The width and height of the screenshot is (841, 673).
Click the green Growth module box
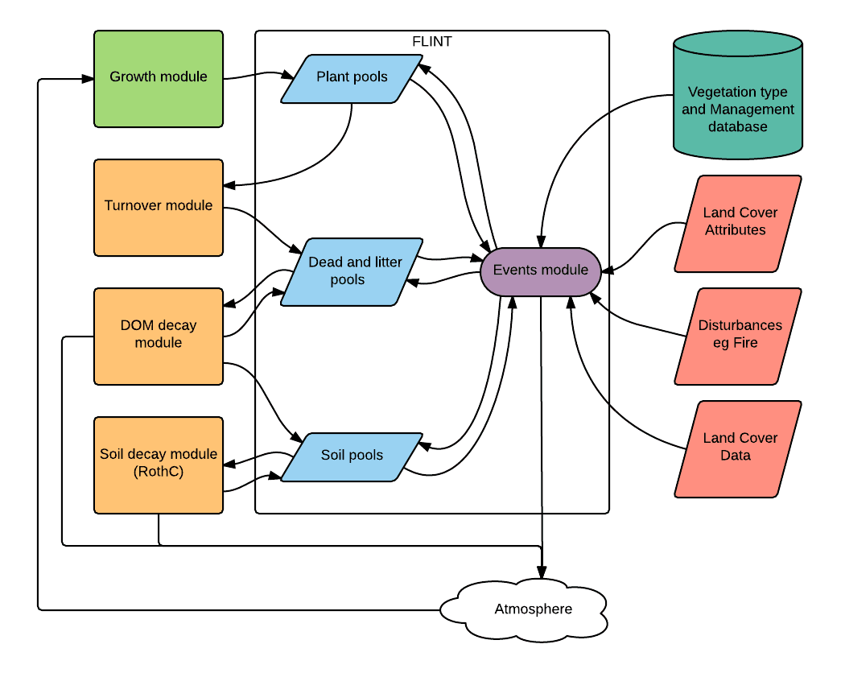click(159, 79)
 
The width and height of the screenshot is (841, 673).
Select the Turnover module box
click(159, 208)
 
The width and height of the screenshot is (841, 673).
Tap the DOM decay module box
click(159, 336)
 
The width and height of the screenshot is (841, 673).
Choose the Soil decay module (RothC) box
click(159, 465)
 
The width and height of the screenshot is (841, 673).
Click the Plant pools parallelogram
click(352, 79)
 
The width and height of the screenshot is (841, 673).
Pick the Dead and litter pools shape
click(352, 272)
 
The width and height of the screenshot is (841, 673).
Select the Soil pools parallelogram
click(352, 457)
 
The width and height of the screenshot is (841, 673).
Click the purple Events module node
click(541, 272)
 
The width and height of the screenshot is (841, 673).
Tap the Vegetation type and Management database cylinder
click(738, 95)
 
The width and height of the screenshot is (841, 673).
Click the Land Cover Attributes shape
click(738, 224)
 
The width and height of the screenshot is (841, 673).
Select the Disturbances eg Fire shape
click(738, 336)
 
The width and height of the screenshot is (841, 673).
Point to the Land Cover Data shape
click(738, 449)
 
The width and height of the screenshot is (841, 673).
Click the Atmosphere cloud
click(524, 609)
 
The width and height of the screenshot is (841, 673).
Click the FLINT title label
click(431, 41)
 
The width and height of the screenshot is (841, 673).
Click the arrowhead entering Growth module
click(88, 79)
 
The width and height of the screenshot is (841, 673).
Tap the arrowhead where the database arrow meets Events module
click(541, 242)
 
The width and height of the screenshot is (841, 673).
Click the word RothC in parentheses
click(159, 472)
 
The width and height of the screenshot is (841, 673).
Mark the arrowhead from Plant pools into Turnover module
click(229, 186)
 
